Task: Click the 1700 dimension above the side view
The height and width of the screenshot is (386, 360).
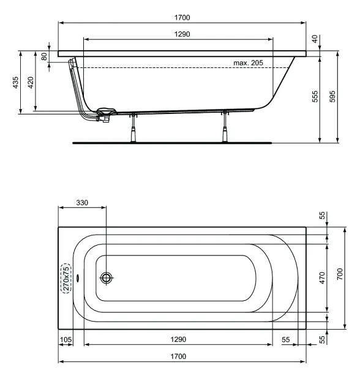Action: [182, 18]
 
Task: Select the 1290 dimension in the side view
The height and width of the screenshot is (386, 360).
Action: [182, 34]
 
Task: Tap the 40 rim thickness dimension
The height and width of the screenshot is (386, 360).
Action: [315, 39]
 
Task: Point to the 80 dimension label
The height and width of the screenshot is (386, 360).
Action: [44, 56]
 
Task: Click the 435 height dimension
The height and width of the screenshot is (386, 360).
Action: [15, 83]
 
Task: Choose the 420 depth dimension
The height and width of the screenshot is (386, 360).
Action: [31, 83]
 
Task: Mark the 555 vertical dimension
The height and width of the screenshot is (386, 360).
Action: [315, 97]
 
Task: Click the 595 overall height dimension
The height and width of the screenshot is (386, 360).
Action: [332, 97]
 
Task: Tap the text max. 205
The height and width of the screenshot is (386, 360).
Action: [248, 62]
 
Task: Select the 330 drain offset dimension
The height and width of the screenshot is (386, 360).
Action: [82, 203]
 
